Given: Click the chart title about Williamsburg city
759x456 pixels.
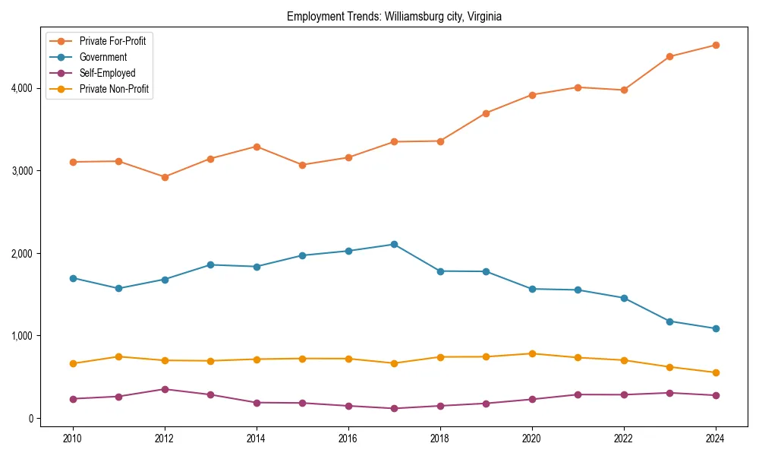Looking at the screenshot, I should (394, 16).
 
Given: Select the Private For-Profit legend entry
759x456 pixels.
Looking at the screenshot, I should (112, 41).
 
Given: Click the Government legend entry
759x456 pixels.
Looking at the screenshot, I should (102, 57).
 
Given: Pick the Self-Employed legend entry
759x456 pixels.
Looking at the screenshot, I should (107, 73).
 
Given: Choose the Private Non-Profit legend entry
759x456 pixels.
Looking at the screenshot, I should (114, 89).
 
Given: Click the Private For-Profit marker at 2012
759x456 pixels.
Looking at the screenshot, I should (165, 177).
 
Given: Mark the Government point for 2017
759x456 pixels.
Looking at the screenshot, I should (394, 244).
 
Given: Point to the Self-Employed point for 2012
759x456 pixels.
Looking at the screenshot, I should (165, 389).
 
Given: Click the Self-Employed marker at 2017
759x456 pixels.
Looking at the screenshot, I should (394, 408).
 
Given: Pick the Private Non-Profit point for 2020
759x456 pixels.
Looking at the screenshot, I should (532, 353).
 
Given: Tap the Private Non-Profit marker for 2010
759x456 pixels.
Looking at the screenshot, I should (73, 363).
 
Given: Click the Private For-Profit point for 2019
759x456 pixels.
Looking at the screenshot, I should (486, 113).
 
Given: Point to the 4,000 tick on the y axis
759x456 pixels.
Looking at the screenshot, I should (22, 88).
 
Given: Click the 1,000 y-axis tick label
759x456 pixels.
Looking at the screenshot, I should (22, 336).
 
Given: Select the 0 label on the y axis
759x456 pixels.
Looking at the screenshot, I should (30, 418).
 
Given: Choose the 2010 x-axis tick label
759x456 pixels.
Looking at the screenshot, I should (73, 438).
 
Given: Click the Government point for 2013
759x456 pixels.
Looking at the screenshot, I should (210, 264).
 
